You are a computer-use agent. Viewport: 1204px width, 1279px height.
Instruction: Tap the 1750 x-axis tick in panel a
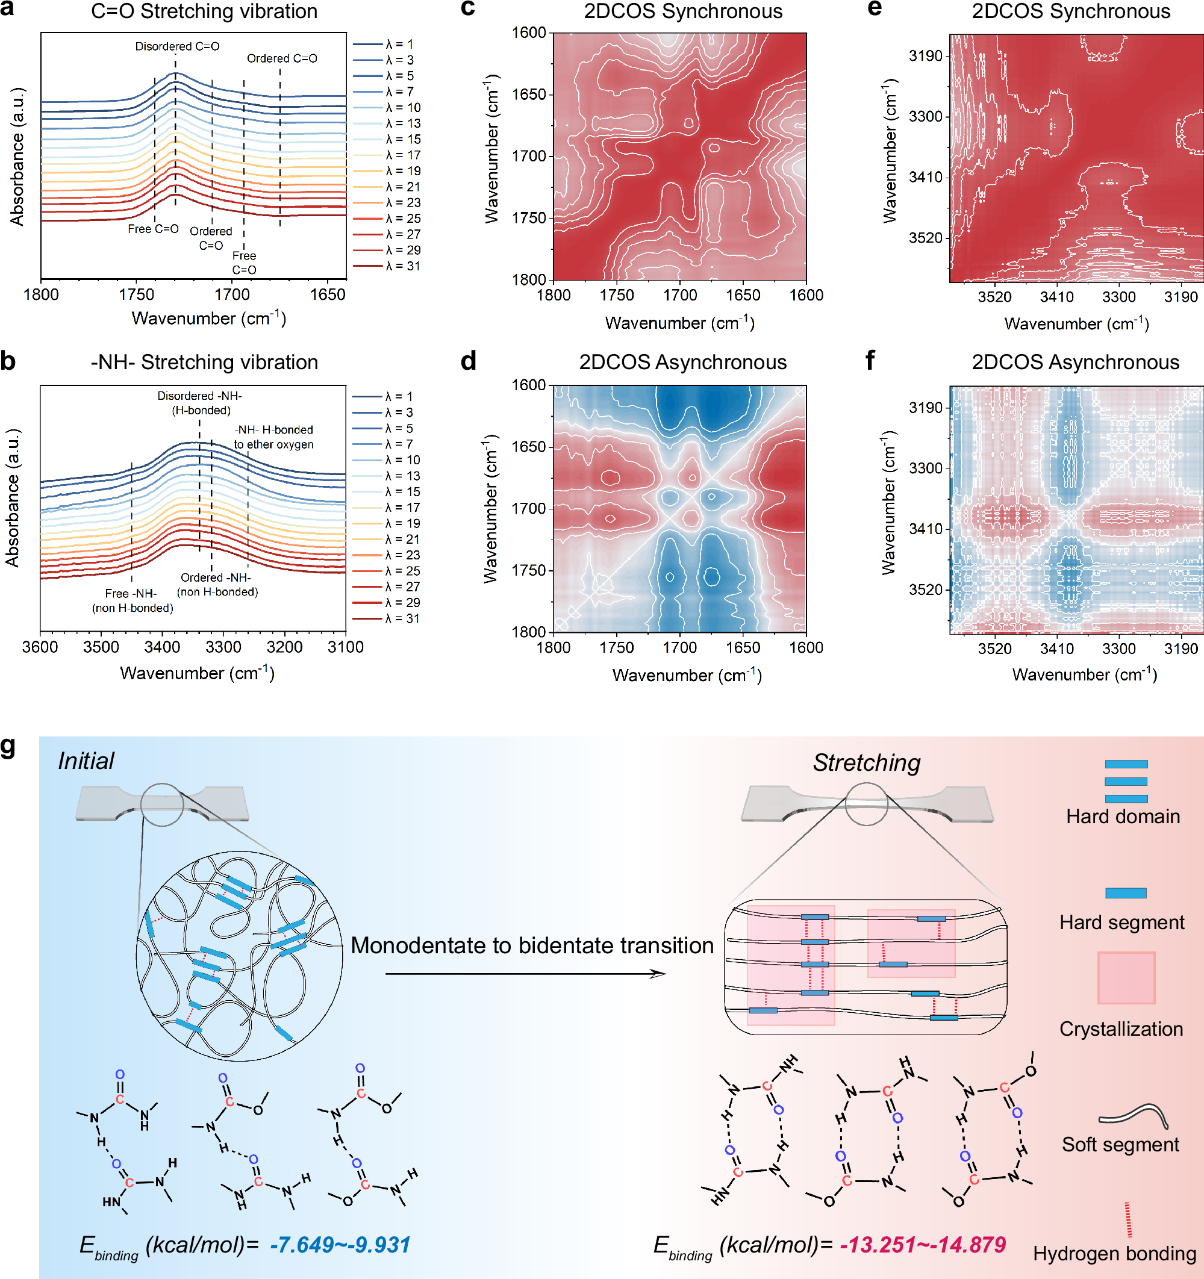pyautogui.click(x=137, y=294)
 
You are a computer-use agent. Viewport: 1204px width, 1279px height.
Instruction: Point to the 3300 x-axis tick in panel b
pyautogui.click(x=223, y=647)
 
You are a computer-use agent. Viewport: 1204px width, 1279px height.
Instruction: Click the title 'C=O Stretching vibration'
pyautogui.click(x=204, y=11)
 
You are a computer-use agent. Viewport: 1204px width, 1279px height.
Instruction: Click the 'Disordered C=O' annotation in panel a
pyautogui.click(x=177, y=46)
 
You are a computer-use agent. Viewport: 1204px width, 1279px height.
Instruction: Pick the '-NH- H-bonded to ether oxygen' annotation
pyautogui.click(x=273, y=437)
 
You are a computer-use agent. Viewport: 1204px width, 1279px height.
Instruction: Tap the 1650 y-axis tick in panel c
pyautogui.click(x=528, y=95)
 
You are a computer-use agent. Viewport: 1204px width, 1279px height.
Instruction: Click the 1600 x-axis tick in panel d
pyautogui.click(x=806, y=647)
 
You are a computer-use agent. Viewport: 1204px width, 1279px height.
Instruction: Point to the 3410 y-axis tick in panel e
pyautogui.click(x=925, y=177)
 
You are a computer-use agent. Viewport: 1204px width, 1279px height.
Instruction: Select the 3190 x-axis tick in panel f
pyautogui.click(x=1181, y=649)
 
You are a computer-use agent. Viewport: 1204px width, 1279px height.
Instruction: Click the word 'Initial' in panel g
pyautogui.click(x=86, y=761)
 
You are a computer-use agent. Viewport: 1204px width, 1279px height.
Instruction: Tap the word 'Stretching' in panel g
pyautogui.click(x=866, y=762)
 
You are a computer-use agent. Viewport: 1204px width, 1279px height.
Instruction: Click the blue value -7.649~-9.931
pyautogui.click(x=340, y=1244)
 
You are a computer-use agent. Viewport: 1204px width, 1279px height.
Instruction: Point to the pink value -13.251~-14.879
pyautogui.click(x=922, y=1244)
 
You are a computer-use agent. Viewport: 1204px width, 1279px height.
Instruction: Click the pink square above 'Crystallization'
pyautogui.click(x=1126, y=977)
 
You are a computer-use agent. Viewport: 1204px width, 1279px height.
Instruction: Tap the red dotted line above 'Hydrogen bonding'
pyautogui.click(x=1128, y=1219)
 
